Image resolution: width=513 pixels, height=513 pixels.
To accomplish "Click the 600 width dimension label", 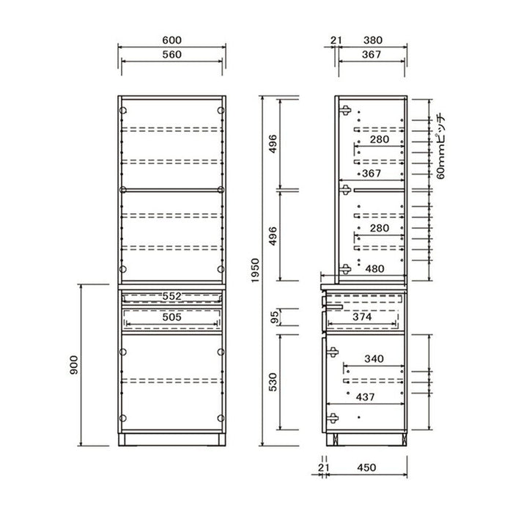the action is (x=171, y=40).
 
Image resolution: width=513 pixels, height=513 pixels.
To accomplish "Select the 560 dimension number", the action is (x=171, y=54).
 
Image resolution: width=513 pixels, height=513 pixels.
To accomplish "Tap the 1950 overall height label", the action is (x=255, y=270).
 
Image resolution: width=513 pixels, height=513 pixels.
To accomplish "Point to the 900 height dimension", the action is (x=74, y=365).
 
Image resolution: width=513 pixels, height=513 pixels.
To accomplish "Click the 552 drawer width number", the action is (x=171, y=296).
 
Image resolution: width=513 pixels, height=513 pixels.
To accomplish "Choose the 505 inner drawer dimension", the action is (x=171, y=317).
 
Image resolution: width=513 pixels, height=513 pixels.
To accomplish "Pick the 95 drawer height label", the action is (x=275, y=317).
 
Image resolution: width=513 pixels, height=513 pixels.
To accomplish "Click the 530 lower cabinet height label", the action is (x=273, y=382).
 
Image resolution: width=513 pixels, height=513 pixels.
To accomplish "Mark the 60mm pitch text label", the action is (x=441, y=147).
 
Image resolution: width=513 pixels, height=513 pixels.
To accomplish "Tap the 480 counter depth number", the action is (x=374, y=269).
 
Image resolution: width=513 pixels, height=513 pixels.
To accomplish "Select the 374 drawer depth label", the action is (x=362, y=317).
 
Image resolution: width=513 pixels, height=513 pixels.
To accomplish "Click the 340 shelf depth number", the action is (x=374, y=359).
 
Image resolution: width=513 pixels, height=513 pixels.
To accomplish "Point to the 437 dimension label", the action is (x=365, y=397).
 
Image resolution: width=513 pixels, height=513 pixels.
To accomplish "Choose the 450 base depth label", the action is (x=366, y=468).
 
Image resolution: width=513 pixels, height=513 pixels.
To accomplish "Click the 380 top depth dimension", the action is (x=373, y=40).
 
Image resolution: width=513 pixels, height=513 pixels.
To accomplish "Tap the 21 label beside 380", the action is (x=336, y=40).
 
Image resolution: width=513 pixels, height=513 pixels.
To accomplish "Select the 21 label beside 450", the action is (x=323, y=468).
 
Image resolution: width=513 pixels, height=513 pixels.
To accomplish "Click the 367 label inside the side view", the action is (x=372, y=173).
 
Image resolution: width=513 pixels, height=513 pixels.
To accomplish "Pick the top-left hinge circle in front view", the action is (x=123, y=110).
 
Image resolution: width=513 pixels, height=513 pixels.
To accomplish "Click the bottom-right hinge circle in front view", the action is (x=221, y=418).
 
